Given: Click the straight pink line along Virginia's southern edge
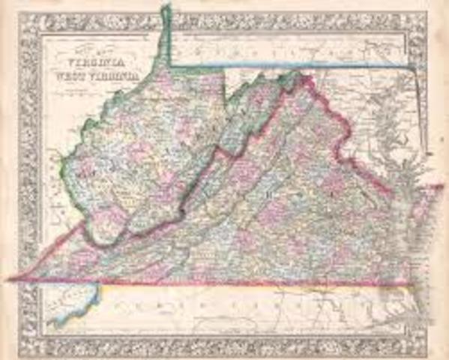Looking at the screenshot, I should (x=225, y=283).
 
